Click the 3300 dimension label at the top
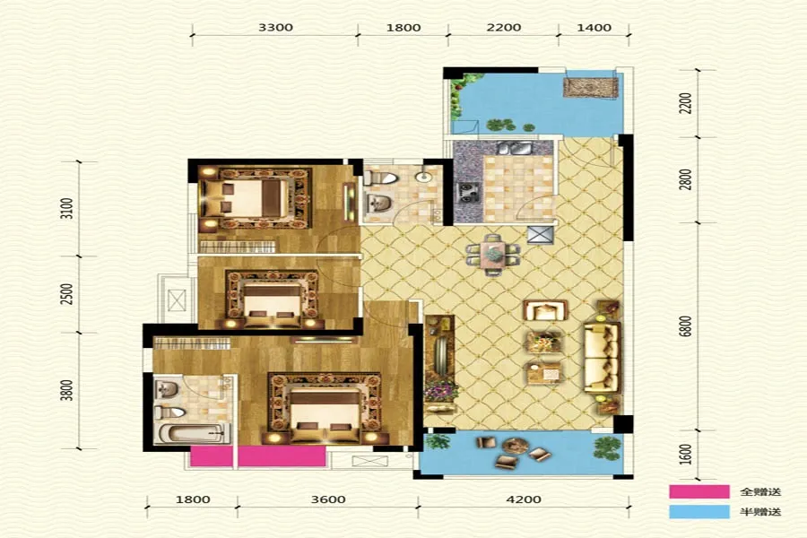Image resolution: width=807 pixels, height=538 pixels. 275,27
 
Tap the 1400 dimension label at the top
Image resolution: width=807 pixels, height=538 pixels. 594,27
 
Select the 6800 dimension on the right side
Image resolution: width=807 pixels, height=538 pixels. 685,326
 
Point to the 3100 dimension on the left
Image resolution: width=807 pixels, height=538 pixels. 67,209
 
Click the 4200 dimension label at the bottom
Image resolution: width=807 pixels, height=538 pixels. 524,499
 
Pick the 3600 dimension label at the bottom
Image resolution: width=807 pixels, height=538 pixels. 328,499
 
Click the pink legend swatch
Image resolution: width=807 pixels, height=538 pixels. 699,491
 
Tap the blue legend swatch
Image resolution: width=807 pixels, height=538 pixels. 699,512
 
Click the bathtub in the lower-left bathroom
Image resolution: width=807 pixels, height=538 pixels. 192,433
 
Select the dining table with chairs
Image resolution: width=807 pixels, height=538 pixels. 493,255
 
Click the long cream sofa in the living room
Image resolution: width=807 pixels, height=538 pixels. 602,357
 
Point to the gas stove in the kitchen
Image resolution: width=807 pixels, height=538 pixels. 468,192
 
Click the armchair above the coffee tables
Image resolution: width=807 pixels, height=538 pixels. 545,310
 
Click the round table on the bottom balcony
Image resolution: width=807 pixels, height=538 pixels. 516,446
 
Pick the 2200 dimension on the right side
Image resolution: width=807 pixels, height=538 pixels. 685,103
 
